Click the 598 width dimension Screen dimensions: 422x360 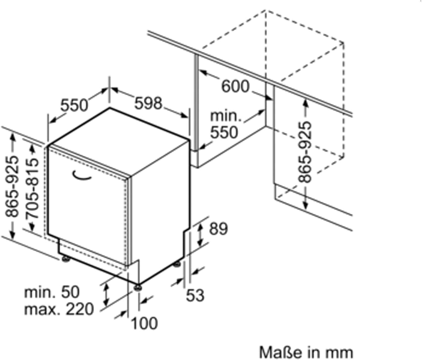coord(148,103)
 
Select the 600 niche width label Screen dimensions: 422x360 coord(235,86)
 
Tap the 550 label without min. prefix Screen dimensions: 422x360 coord(74,105)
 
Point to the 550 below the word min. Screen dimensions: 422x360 coord(224,132)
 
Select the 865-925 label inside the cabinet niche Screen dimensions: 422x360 coord(305,152)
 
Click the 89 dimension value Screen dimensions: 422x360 coord(218,229)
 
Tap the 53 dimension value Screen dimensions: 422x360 coord(195,295)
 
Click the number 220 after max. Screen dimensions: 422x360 coord(80,309)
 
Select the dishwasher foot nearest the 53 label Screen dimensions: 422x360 coord(177,264)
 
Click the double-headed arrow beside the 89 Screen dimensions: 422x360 coord(200,234)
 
